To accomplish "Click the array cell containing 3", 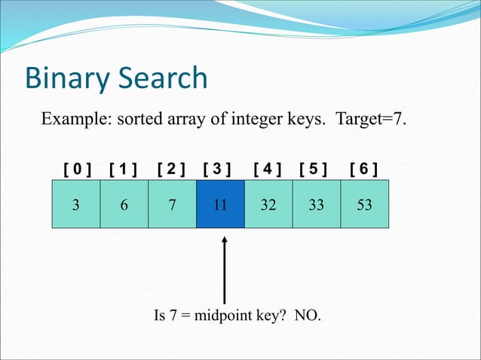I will [75, 204].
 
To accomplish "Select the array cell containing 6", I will [124, 204].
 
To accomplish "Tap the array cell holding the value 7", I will [172, 204].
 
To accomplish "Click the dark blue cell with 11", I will [220, 204].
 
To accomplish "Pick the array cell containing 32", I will [268, 204].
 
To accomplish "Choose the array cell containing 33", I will [317, 204].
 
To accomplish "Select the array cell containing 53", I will [365, 204].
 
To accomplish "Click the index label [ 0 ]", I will [77, 167].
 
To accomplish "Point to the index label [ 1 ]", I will [123, 167].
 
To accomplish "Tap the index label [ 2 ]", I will [171, 167].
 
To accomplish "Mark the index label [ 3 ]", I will [217, 167].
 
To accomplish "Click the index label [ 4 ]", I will [268, 167].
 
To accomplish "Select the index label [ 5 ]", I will [314, 167].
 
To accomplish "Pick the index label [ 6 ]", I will [364, 167].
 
